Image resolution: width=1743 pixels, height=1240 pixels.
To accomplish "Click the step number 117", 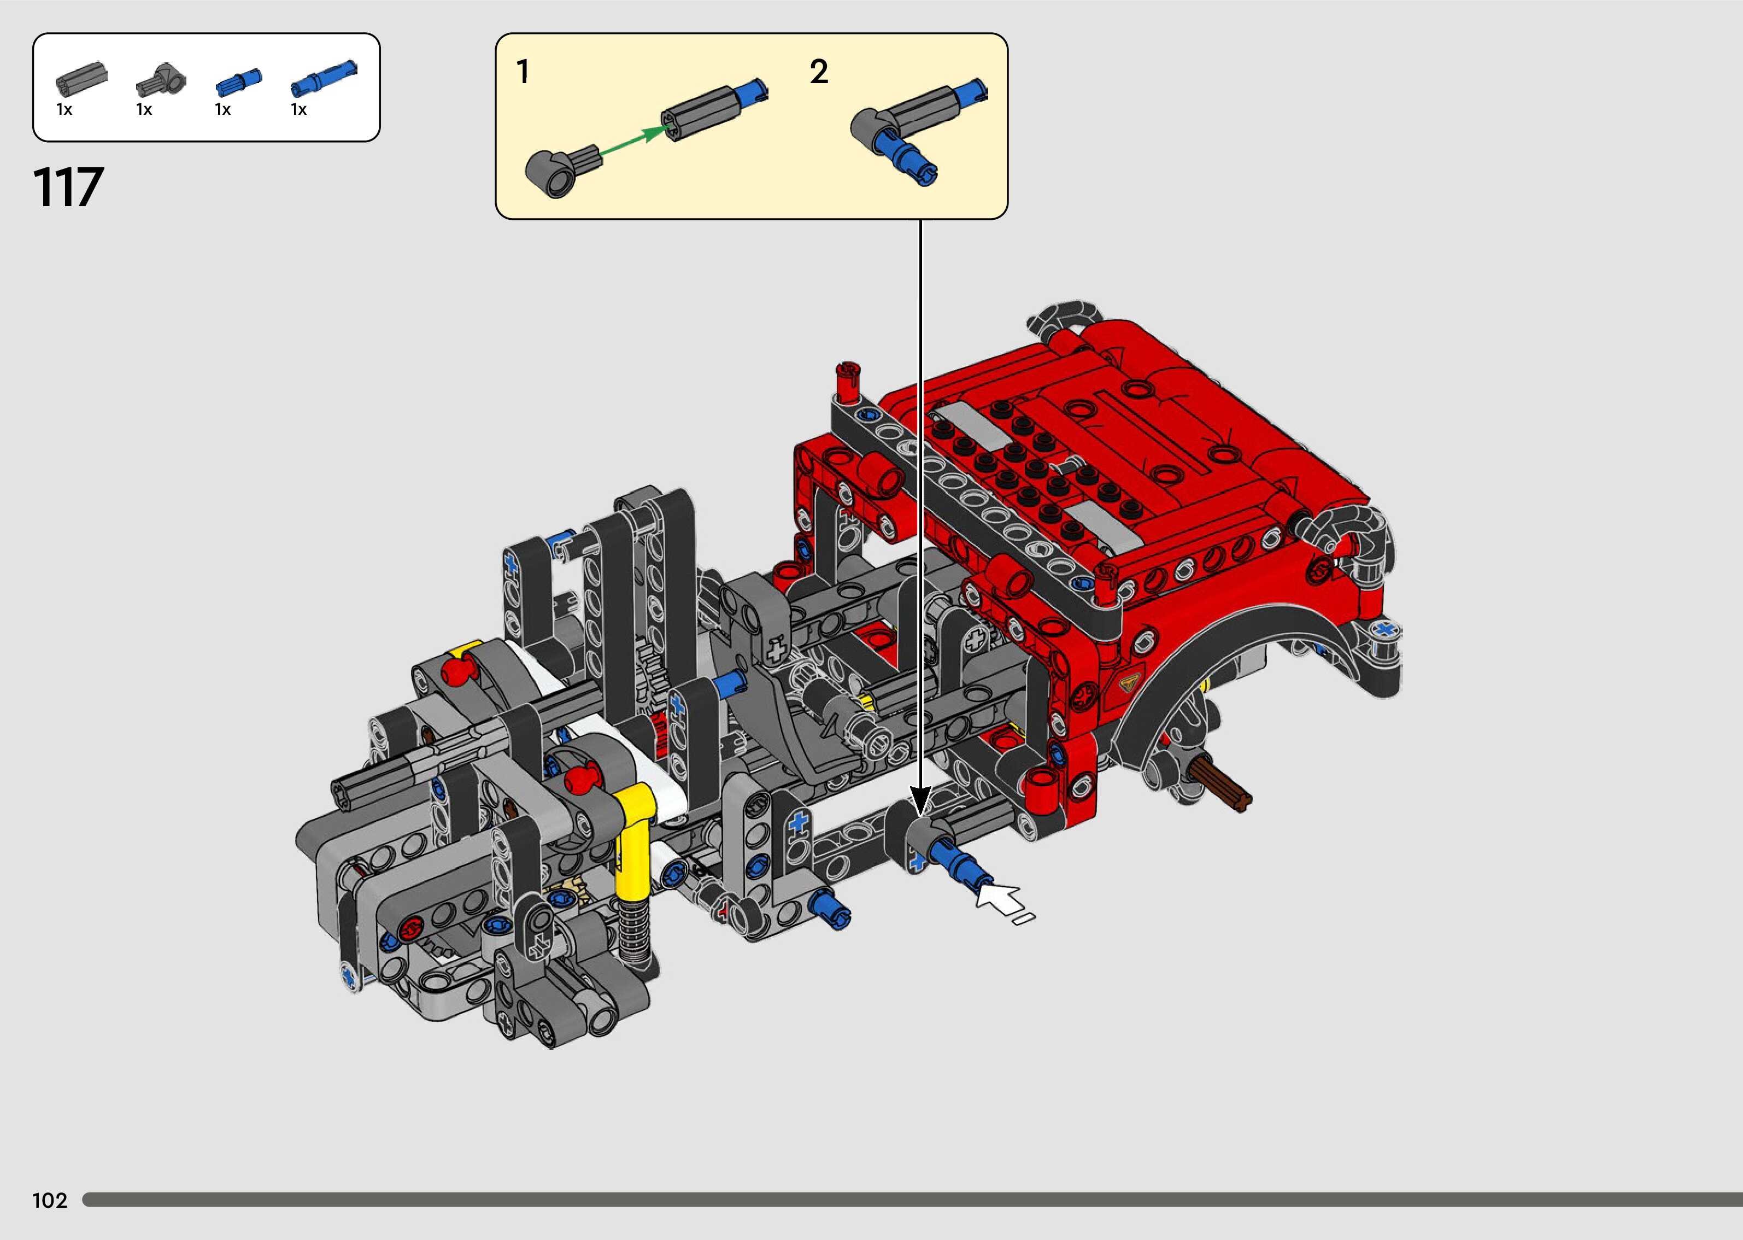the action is [68, 188].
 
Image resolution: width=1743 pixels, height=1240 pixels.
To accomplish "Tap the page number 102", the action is [50, 1200].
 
